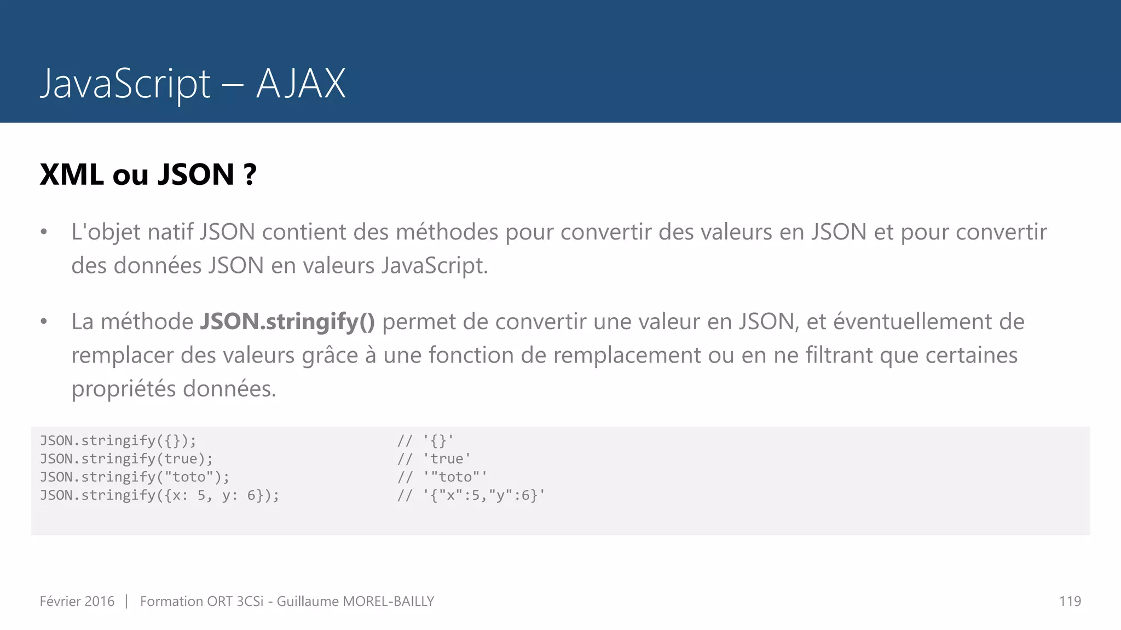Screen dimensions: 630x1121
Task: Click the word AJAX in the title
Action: (x=301, y=84)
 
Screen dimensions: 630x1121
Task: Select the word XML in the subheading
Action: (x=72, y=175)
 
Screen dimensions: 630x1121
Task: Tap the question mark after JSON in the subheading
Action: (x=250, y=175)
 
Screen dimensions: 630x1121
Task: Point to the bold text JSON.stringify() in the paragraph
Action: (x=287, y=322)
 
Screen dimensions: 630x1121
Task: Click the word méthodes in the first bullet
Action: (x=447, y=232)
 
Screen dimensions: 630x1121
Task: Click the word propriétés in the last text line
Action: (x=124, y=389)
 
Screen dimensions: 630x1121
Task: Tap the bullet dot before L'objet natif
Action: (x=44, y=232)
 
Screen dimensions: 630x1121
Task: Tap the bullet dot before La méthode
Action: (x=44, y=322)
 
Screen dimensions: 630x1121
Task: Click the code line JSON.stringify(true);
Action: (x=126, y=459)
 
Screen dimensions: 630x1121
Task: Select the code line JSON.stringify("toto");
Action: (x=135, y=477)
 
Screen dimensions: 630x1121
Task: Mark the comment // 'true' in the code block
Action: (x=434, y=459)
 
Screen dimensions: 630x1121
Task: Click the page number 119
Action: (x=1070, y=602)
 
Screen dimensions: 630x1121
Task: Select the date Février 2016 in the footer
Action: (x=77, y=602)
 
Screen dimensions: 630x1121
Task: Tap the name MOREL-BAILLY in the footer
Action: (x=388, y=602)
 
